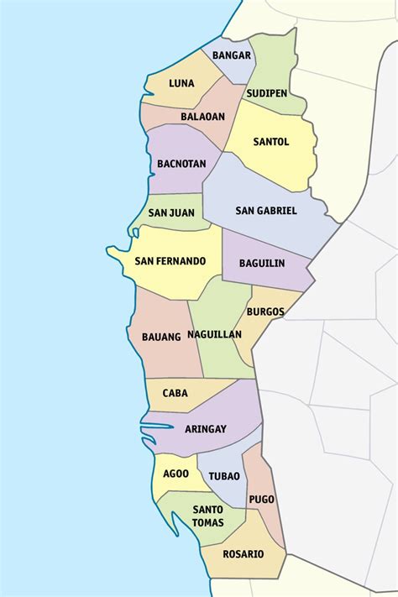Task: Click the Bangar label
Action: tap(232, 55)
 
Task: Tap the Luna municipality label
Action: tap(181, 83)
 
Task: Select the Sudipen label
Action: tap(268, 92)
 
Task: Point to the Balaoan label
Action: tap(202, 117)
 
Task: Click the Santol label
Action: tap(270, 142)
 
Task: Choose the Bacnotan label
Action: tap(181, 164)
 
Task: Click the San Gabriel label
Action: tap(266, 210)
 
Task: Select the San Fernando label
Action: tap(170, 261)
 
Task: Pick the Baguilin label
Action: tap(261, 263)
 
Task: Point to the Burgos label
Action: tap(265, 312)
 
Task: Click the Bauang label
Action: tap(161, 337)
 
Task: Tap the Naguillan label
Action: tap(215, 334)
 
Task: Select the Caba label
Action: tap(175, 392)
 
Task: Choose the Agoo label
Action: tap(175, 473)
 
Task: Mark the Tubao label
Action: tap(224, 475)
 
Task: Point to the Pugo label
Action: tap(261, 499)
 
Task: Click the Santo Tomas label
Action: tap(207, 516)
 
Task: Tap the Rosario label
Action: tap(244, 554)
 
